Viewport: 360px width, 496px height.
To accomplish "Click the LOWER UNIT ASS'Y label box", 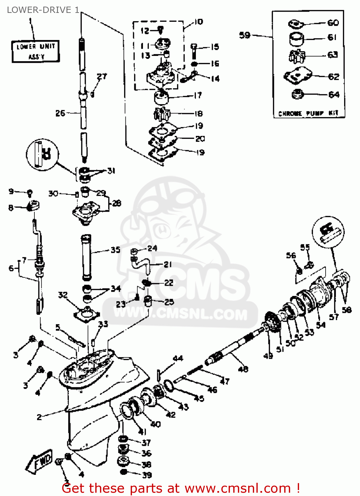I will (36, 51).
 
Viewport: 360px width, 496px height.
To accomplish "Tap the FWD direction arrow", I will (39, 461).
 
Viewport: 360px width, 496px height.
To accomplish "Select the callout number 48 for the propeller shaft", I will (243, 369).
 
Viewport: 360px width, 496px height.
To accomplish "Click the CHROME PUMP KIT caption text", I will (308, 113).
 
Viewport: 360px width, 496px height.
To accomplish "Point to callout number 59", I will (245, 35).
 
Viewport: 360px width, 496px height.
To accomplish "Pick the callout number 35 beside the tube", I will (115, 250).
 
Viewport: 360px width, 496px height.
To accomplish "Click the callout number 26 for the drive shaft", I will (60, 113).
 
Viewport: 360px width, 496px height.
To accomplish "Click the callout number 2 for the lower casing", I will (39, 417).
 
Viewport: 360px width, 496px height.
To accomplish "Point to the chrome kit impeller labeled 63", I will (296, 56).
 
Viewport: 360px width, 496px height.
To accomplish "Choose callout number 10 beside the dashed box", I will (198, 22).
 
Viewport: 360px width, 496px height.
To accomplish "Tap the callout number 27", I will (102, 76).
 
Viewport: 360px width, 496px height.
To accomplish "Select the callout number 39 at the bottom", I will (147, 475).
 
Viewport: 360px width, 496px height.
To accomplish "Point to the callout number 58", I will (346, 310).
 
